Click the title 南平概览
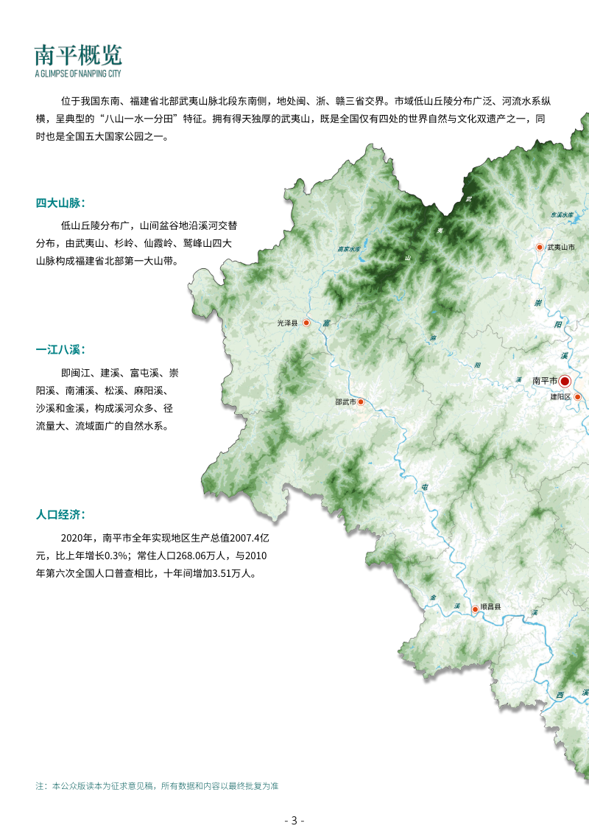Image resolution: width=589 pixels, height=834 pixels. coord(78,55)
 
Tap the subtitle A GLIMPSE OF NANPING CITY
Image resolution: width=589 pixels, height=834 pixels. coord(78,74)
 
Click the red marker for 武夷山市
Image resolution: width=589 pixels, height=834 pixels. coord(539,248)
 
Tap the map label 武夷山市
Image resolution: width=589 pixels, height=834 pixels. coord(561,248)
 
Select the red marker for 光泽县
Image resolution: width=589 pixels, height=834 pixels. coord(306,323)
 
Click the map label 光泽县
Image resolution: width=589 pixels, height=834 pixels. coord(288,323)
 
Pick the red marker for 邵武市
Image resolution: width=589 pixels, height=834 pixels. coord(361,402)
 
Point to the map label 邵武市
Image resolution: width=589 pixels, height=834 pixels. coord(345,402)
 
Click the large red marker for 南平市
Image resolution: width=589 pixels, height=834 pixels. coord(565,381)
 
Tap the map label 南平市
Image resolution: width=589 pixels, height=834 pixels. coord(545,381)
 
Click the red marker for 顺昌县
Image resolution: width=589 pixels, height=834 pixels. coord(475,609)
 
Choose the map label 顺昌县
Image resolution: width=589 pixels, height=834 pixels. coord(490,607)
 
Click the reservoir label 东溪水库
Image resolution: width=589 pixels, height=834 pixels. coord(561,214)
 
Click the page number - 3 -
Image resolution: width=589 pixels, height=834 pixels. coord(294,821)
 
